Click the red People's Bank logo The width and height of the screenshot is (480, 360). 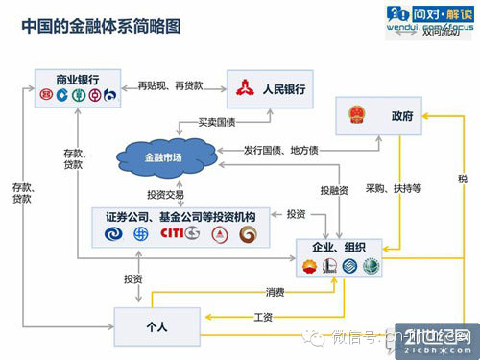(246, 90)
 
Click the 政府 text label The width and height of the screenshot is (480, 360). (402, 117)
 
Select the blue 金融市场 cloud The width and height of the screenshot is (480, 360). (161, 156)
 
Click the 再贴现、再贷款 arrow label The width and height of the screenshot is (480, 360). (170, 85)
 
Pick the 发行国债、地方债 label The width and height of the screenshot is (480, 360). (281, 151)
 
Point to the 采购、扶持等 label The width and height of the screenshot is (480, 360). (394, 188)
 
